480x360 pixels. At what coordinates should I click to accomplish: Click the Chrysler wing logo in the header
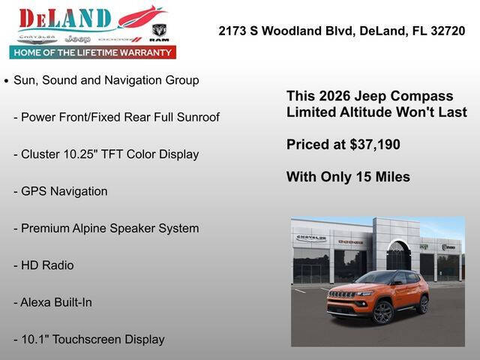click(37, 37)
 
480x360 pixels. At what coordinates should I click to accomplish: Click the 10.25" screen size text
click(95, 154)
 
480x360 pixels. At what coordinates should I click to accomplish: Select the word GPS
click(34, 191)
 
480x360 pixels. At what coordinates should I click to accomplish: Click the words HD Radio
click(47, 265)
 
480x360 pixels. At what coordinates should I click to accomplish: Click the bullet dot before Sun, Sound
click(7, 80)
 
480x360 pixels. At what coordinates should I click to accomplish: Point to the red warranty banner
click(93, 52)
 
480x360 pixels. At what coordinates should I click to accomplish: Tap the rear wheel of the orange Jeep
click(424, 304)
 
